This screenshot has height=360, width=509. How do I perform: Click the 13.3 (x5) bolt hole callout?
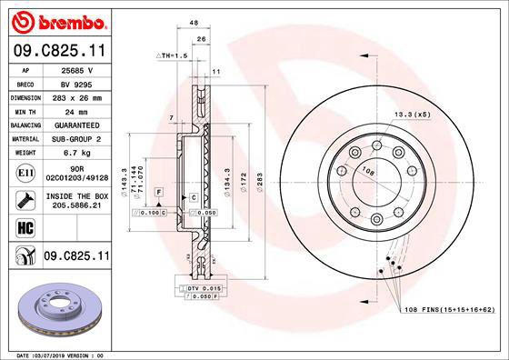(x=410, y=114)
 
